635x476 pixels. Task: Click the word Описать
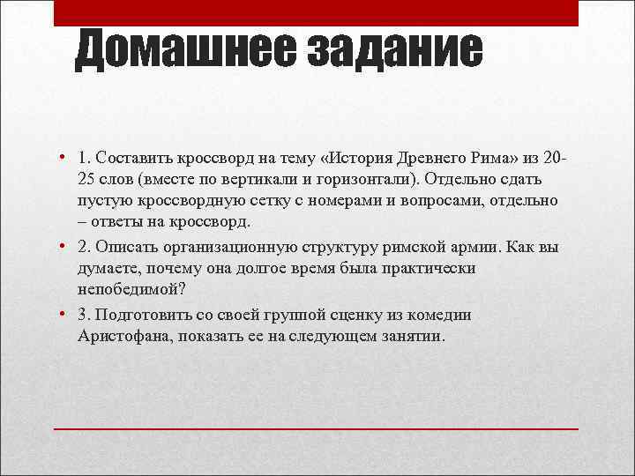[130, 247]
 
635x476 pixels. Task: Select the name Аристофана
[118, 337]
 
